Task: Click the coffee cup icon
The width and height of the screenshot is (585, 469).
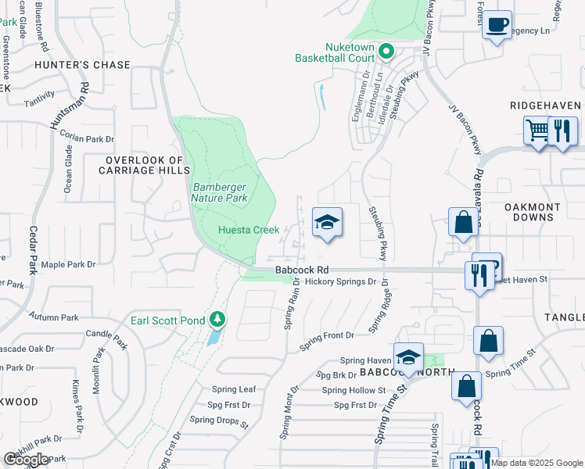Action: pos(497,26)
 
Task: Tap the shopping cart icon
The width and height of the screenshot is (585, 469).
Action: pos(537,131)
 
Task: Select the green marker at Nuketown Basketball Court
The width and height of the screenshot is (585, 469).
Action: pos(386,52)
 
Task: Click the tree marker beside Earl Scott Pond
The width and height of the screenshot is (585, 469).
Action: pos(217,320)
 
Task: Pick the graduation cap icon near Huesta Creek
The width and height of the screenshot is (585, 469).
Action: pos(328,222)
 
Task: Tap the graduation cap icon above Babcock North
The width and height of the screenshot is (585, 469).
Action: pos(408,357)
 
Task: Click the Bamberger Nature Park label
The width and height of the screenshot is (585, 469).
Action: pos(220,192)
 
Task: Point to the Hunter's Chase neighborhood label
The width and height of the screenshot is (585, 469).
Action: pos(82,65)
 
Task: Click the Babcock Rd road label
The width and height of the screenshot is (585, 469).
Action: pos(296,270)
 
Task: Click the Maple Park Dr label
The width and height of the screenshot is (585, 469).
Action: pos(68,265)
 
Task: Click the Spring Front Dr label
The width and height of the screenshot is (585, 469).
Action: pos(323,335)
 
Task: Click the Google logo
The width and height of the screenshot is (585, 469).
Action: pos(26,460)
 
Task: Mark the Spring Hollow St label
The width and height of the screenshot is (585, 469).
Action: pos(354,390)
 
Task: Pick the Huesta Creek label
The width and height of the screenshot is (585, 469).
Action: pos(248,230)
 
